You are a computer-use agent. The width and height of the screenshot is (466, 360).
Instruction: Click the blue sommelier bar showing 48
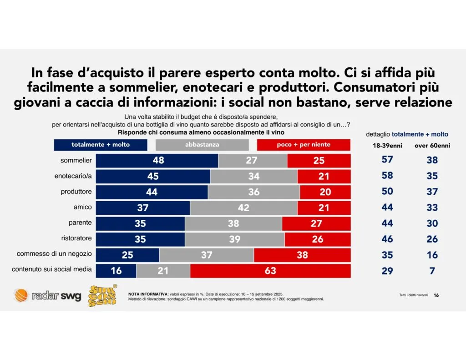pyautogui.click(x=157, y=161)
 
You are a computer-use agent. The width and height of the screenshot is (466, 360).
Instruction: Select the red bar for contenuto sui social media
pyautogui.click(x=270, y=271)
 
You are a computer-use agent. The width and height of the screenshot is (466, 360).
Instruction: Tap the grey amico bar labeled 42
pyautogui.click(x=243, y=208)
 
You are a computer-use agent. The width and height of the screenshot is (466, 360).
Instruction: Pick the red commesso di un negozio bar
pyautogui.click(x=302, y=255)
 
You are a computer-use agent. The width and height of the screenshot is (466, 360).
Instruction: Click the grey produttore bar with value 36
pyautogui.click(x=254, y=192)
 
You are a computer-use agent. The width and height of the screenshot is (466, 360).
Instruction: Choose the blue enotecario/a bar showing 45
pyautogui.click(x=153, y=176)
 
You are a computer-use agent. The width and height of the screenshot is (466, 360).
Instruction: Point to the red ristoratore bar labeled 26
pyautogui.click(x=318, y=239)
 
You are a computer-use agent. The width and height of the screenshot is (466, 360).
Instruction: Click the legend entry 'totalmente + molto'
pyautogui.click(x=101, y=145)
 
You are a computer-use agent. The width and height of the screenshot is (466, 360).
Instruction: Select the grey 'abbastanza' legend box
pyautogui.click(x=202, y=145)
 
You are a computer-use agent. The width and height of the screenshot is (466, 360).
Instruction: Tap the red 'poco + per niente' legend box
pyautogui.click(x=304, y=145)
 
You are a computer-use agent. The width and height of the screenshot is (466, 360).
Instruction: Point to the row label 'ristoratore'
pyautogui.click(x=76, y=238)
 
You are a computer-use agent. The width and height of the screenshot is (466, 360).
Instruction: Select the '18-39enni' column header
pyautogui.click(x=387, y=146)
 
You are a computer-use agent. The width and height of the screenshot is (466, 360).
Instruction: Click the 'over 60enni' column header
pyautogui.click(x=431, y=146)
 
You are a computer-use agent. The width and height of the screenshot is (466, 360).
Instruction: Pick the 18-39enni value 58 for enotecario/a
pyautogui.click(x=387, y=176)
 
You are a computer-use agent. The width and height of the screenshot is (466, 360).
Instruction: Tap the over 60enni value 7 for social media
pyautogui.click(x=432, y=271)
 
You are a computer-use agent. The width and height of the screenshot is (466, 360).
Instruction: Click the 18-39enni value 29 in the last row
pyautogui.click(x=387, y=271)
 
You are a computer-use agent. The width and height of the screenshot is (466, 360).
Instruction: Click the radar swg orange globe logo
pyautogui.click(x=20, y=296)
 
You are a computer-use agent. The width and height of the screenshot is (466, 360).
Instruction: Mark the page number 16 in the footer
pyautogui.click(x=436, y=295)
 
